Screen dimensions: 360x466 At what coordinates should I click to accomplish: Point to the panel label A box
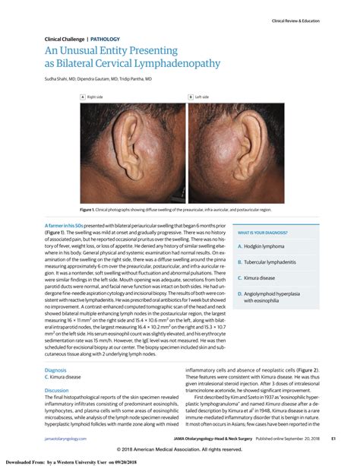pos(82,97)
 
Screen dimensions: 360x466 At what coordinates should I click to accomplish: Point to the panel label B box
pos(190,97)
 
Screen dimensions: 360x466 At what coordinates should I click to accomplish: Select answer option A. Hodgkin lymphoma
pos(265,246)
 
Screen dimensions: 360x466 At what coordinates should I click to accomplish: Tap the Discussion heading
pos(58,390)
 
